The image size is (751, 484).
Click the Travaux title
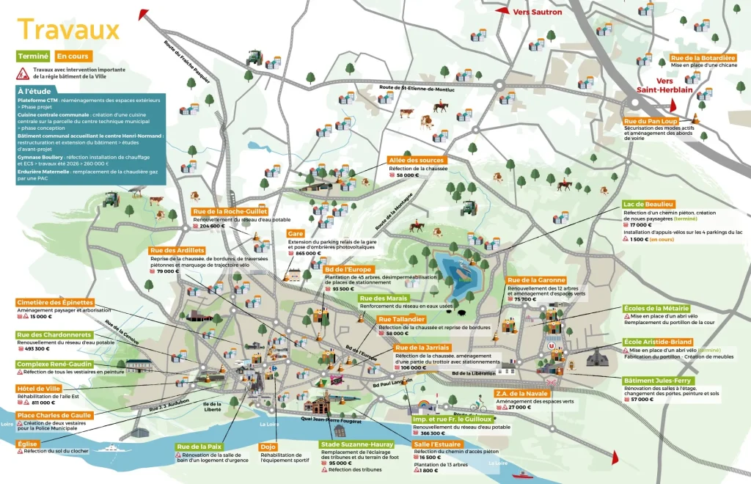(67, 30)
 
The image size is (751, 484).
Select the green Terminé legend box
(32, 56)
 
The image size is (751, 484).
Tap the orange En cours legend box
(73, 56)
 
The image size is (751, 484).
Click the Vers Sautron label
(538, 12)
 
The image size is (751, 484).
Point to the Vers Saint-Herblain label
(675, 86)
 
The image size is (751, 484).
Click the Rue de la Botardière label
(703, 58)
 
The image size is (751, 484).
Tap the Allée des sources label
(417, 160)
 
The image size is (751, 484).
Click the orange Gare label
(296, 234)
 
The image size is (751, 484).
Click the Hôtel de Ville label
(37, 387)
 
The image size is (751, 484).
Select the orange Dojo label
(268, 446)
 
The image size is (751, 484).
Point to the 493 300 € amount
(38, 349)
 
